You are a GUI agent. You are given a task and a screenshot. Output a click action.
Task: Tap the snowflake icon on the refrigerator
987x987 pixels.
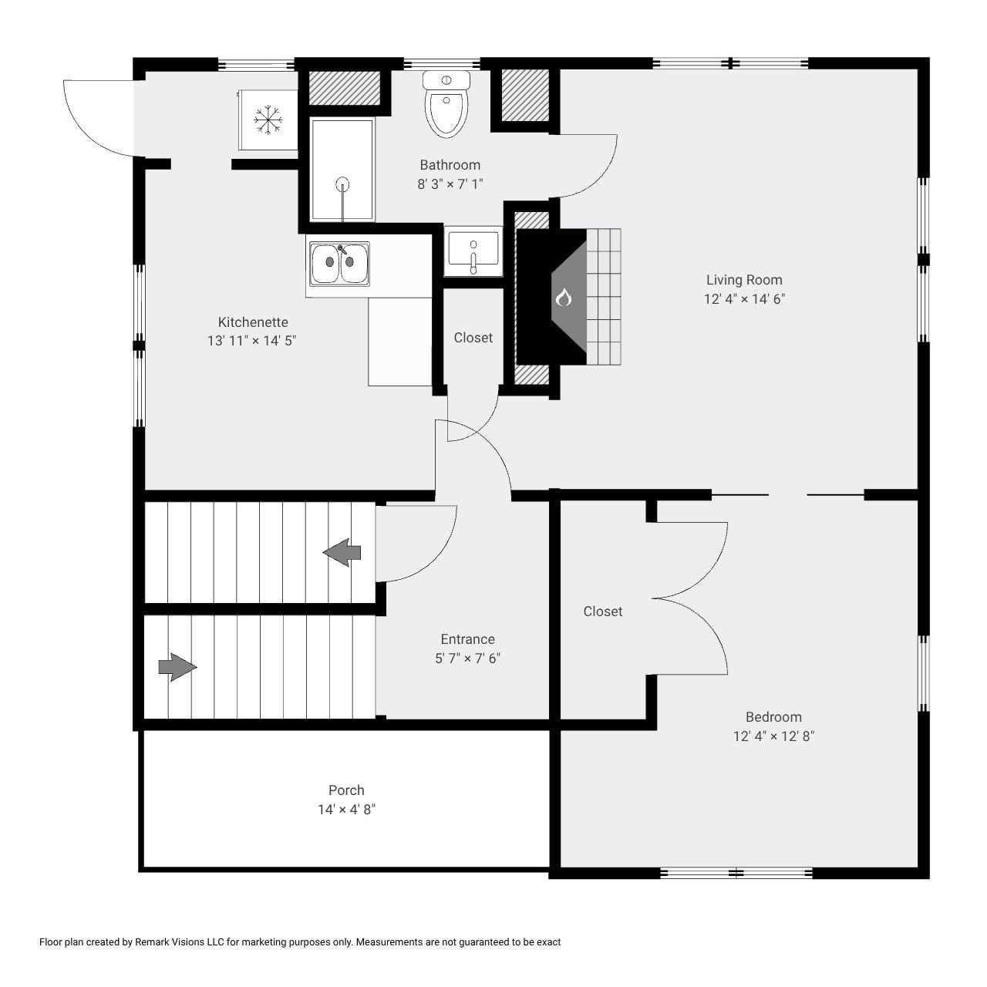coord(268,120)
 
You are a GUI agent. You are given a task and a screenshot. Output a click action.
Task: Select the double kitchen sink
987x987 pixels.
coord(339,263)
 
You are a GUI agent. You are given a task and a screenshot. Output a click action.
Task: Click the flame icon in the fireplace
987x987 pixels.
coord(563,297)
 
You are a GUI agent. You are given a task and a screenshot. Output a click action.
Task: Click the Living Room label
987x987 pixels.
coord(744,280)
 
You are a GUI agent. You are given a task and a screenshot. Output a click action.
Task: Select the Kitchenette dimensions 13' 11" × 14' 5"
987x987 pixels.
coord(252,341)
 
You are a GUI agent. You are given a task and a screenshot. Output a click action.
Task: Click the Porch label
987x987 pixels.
coord(346,790)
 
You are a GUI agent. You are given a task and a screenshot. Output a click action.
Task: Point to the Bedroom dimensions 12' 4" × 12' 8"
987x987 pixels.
coord(773,736)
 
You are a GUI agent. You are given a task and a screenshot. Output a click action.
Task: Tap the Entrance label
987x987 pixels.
coord(467,639)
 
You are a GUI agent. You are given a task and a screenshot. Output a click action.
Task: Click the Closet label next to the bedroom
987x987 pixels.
coord(602,611)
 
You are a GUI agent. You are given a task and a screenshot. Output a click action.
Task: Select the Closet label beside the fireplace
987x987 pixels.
coord(473,338)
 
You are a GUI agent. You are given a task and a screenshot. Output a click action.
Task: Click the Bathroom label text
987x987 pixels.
coord(450,165)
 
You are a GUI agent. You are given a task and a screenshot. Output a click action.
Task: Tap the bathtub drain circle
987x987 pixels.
coord(342,184)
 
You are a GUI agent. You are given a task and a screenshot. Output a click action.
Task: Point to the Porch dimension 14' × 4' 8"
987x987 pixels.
coord(346,810)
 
